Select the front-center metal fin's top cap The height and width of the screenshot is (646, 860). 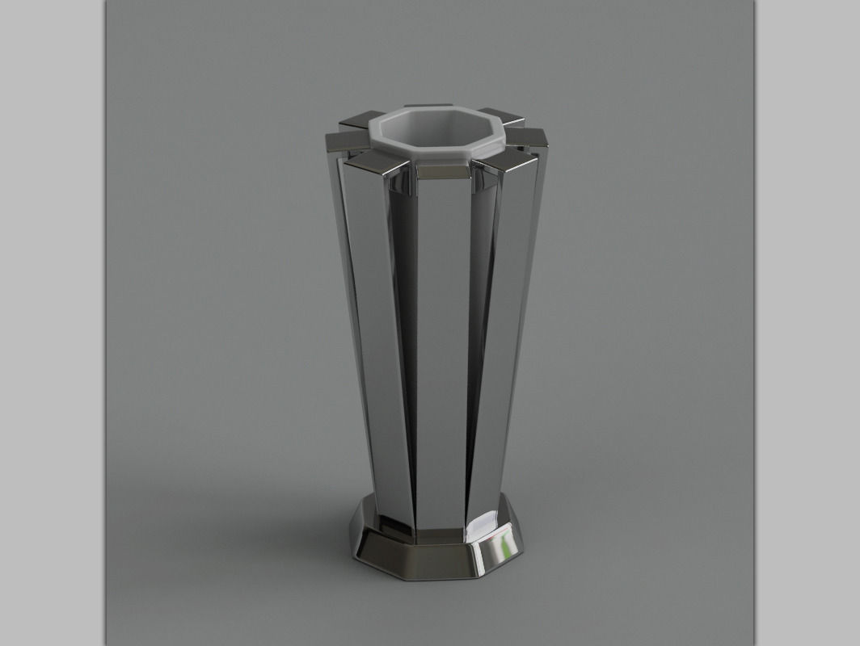(441, 172)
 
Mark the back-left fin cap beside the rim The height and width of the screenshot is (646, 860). (356, 122)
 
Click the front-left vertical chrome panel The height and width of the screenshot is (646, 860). (380, 339)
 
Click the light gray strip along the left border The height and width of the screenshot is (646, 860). (52, 323)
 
